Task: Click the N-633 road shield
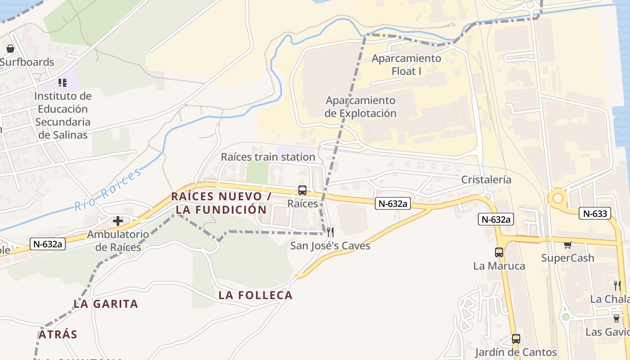595,214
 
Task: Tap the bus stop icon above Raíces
302,190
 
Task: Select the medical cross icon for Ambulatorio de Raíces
118,221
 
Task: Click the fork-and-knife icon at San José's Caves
330,232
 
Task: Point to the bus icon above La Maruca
499,252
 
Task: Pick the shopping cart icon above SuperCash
568,245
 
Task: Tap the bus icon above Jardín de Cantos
516,339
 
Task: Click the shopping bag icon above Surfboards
10,49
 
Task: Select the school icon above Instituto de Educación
63,83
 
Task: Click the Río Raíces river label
108,189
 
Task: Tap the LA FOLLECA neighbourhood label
256,295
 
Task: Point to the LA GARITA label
106,304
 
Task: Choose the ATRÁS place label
58,334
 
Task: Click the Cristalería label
486,180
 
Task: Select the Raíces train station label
268,157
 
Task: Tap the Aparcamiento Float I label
406,64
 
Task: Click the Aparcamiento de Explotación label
360,107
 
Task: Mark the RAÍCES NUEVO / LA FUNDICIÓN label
221,203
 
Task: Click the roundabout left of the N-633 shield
558,198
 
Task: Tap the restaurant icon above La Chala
617,285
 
